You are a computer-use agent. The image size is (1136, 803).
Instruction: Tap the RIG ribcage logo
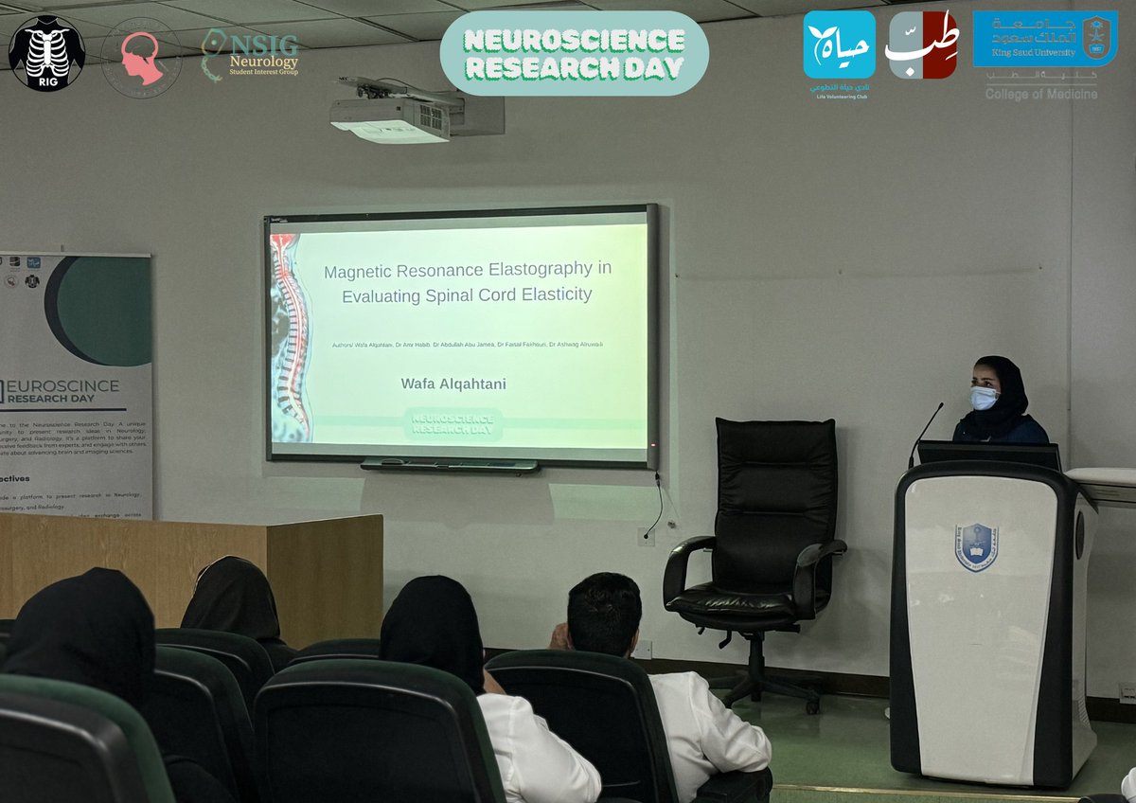point(46,53)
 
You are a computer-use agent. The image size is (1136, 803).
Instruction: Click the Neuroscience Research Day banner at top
point(575,53)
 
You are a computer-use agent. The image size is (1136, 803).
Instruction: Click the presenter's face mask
point(984,398)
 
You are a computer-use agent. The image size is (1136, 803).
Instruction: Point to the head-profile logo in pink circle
point(141,57)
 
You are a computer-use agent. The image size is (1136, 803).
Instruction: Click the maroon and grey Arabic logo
point(921,45)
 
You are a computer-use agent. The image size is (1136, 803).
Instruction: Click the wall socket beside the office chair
point(647,536)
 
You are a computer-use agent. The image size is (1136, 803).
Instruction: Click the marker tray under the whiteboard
point(449,466)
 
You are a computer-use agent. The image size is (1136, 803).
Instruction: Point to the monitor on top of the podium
point(988,455)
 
